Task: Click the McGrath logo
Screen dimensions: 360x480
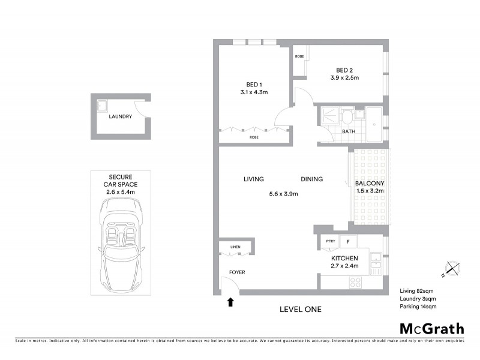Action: [x=432, y=328]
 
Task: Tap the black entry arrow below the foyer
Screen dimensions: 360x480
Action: [x=230, y=302]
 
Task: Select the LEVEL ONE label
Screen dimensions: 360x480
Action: [x=301, y=310]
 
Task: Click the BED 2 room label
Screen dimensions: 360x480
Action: [x=344, y=70]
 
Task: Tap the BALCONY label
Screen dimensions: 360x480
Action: [x=369, y=183]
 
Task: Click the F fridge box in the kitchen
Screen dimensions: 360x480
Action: [x=347, y=241]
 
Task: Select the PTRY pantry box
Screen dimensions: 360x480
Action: [x=330, y=241]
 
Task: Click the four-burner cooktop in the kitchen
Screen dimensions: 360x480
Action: [x=355, y=281]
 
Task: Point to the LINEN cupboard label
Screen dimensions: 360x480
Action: [x=236, y=247]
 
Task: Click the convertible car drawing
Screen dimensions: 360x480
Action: [x=121, y=242]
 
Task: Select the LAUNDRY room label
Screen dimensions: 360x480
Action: [x=121, y=117]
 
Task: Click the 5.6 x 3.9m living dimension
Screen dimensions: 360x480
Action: [x=283, y=193]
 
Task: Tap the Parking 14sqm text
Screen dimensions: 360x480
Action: [x=418, y=307]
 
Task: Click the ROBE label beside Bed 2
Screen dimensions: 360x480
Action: [x=299, y=56]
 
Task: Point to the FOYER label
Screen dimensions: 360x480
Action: [x=238, y=272]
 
